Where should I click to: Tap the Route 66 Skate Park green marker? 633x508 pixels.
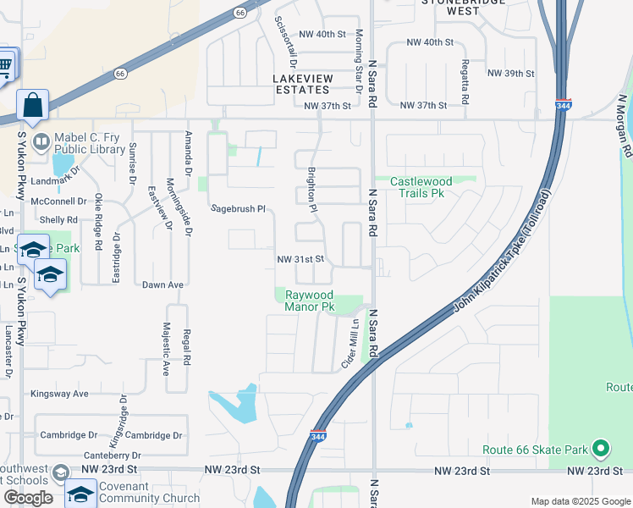(x=601, y=448)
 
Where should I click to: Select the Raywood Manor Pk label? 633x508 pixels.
(x=310, y=300)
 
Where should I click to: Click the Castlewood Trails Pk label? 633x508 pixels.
(x=421, y=187)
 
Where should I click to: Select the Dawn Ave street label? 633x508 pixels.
(x=162, y=285)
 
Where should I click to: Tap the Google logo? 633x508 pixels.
(x=28, y=497)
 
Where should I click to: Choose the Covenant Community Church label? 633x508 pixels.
(x=150, y=492)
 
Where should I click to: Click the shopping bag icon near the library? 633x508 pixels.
(x=32, y=107)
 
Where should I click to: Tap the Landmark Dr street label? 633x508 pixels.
(x=54, y=181)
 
